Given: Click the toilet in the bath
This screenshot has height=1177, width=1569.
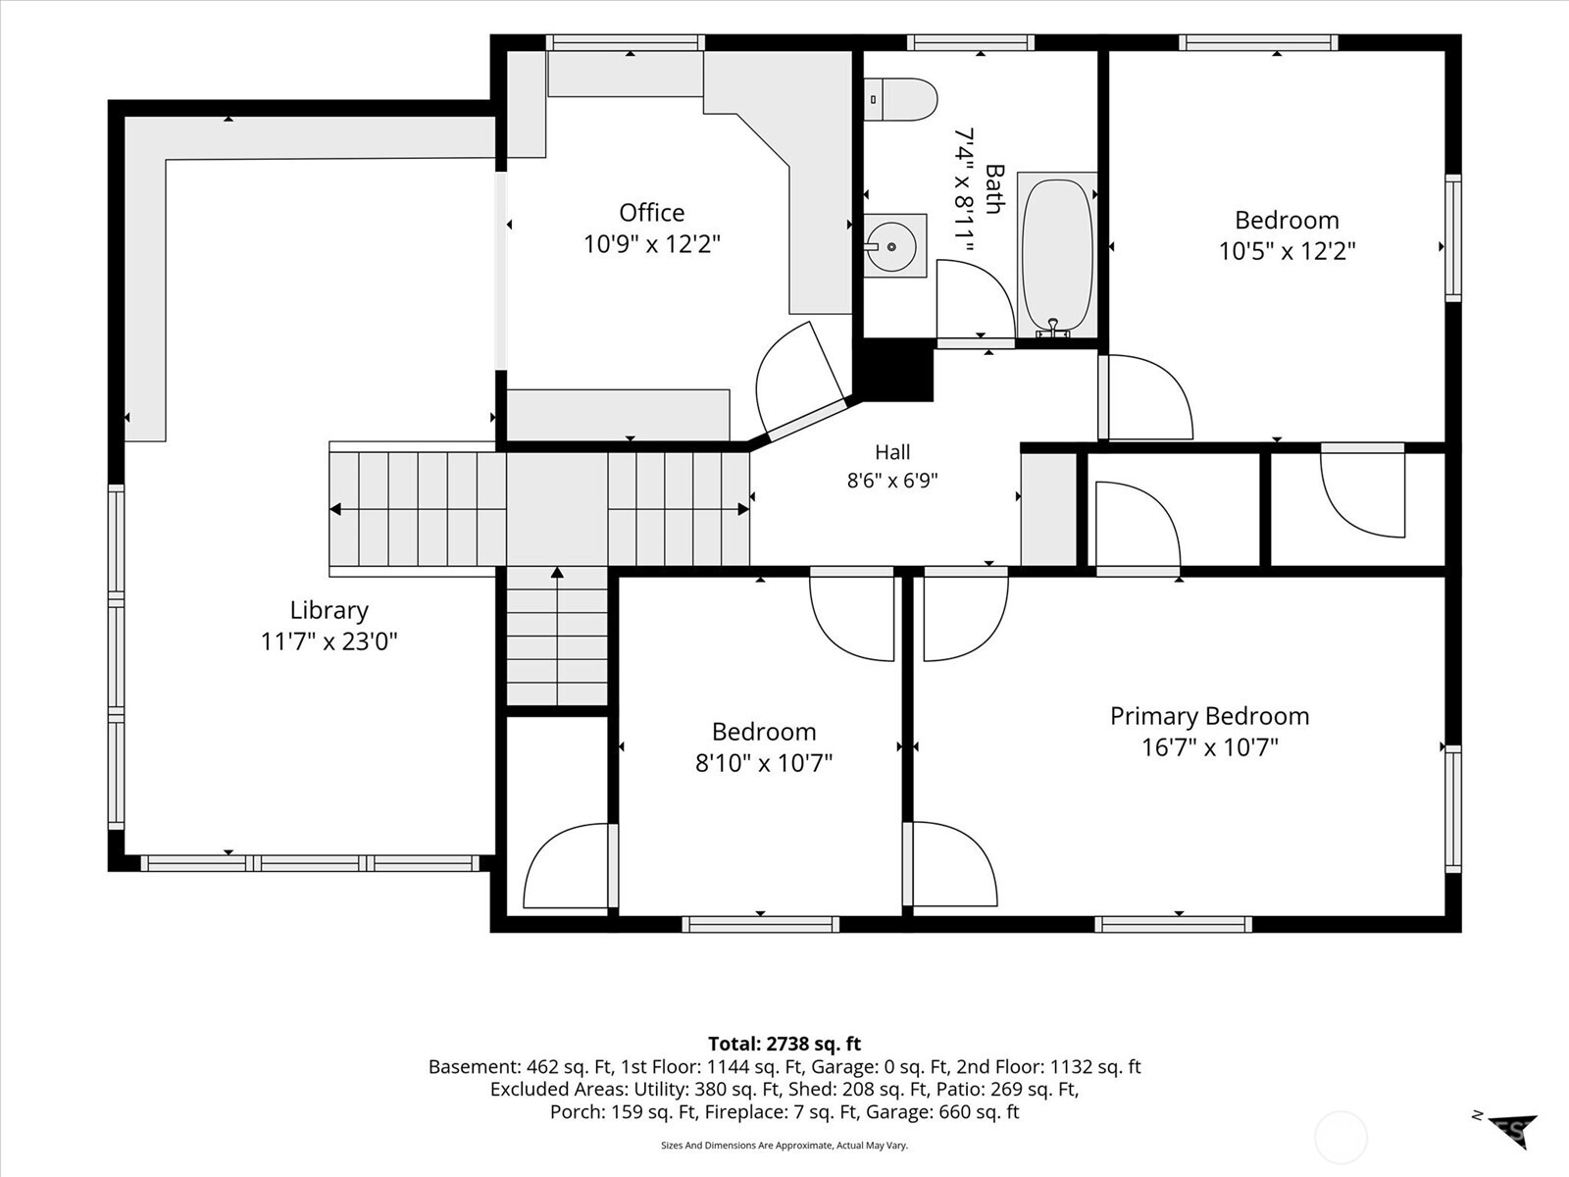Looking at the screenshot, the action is pyautogui.click(x=900, y=99).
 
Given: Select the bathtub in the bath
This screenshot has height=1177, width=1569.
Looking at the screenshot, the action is pyautogui.click(x=1057, y=254).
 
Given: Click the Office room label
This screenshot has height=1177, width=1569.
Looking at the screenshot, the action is pyautogui.click(x=651, y=212).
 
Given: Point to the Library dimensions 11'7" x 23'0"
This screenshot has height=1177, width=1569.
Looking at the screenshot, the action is pyautogui.click(x=329, y=641).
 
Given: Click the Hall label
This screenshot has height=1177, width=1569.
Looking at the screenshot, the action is pyautogui.click(x=892, y=451).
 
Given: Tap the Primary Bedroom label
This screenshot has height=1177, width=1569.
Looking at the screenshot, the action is pyautogui.click(x=1209, y=716).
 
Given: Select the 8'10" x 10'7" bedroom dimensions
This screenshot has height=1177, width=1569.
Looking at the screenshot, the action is pyautogui.click(x=764, y=763).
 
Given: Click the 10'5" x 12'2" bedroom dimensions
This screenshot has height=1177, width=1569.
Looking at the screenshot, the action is pyautogui.click(x=1287, y=251).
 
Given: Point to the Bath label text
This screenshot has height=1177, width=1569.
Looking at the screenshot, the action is pyautogui.click(x=994, y=189).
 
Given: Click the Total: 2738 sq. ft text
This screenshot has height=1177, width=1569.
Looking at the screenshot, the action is pyautogui.click(x=784, y=1044).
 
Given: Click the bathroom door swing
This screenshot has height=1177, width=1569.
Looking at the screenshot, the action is pyautogui.click(x=975, y=300).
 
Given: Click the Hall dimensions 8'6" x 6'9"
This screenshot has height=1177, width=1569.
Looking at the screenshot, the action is pyautogui.click(x=892, y=481).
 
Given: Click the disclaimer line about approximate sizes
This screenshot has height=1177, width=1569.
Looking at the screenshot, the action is pyautogui.click(x=784, y=1145).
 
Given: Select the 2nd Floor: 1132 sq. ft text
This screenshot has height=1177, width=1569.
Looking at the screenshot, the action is pyautogui.click(x=1048, y=1066).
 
